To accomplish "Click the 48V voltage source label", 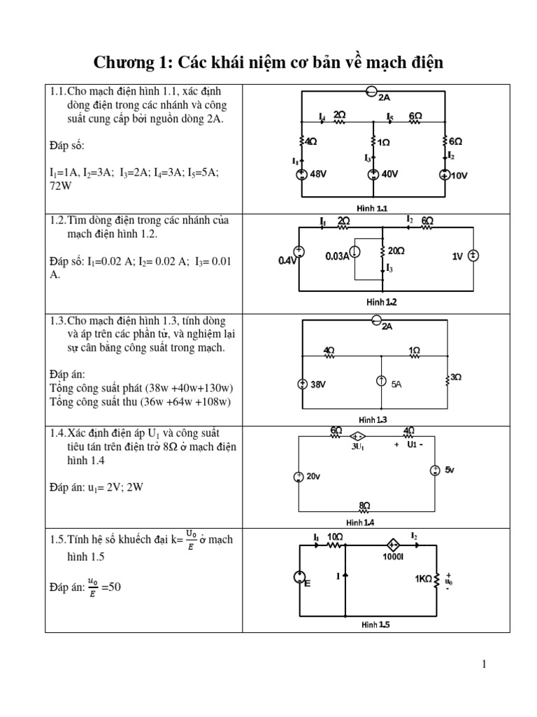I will click(318, 175).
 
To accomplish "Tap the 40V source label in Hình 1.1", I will click(389, 175).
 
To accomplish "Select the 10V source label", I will click(459, 176).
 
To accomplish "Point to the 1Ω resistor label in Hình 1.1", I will click(384, 142).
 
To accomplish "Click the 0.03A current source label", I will click(337, 256).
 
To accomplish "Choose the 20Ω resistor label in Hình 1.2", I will click(396, 250).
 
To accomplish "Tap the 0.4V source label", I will click(287, 260).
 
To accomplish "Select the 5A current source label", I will click(396, 384).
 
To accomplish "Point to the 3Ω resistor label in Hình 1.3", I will click(455, 377).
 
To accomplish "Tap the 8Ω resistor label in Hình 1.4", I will click(364, 504).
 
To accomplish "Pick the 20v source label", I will click(313, 476).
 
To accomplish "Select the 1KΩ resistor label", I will click(424, 578).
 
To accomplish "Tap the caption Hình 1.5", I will click(375, 624).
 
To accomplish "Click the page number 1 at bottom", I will click(483, 664).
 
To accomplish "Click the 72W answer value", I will click(62, 187).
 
